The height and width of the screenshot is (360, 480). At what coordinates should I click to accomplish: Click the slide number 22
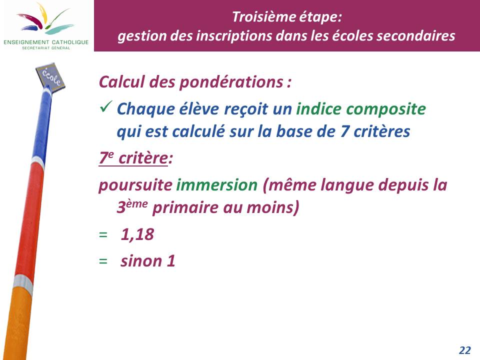point(464,350)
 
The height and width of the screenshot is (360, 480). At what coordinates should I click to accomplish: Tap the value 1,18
point(137,235)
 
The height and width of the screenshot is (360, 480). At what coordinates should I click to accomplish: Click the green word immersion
point(216,185)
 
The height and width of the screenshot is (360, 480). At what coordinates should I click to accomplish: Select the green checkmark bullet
point(106,106)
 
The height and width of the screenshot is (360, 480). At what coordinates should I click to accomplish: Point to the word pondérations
point(231,82)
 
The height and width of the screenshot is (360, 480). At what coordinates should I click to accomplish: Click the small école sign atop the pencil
point(50,77)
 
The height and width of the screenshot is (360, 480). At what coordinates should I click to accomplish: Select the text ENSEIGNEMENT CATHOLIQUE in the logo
point(46,42)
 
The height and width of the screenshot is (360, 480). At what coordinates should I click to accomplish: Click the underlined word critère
point(143,158)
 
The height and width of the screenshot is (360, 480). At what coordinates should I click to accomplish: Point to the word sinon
point(141,261)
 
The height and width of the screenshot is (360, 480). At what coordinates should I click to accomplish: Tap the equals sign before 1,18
point(103,235)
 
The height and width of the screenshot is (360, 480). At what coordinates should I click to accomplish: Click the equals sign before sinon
point(103,261)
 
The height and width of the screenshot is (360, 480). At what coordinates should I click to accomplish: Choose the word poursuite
point(135,185)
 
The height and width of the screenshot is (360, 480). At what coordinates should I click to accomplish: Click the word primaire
point(185,208)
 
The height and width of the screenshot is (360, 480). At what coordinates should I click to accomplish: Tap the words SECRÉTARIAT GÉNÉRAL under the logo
point(46,48)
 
